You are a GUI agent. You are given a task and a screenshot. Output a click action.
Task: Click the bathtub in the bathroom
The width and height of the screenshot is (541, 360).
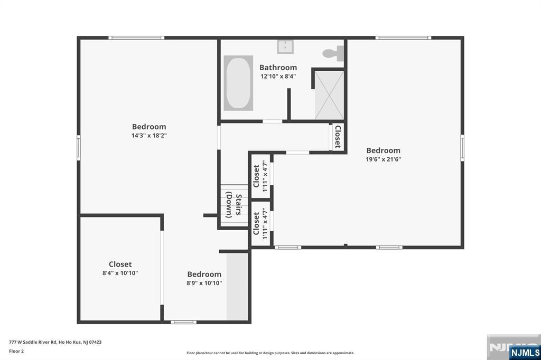click(238, 83)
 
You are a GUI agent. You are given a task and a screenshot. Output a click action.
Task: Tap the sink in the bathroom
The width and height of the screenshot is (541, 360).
click(285, 46)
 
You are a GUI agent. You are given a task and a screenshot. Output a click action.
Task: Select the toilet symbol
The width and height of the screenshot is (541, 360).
click(333, 53)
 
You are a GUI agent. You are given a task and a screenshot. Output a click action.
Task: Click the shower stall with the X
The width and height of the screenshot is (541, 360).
click(330, 95)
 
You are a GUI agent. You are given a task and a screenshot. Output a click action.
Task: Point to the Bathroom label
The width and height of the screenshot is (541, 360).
click(278, 67)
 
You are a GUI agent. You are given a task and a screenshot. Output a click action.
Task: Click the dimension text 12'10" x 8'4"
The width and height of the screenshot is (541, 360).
click(278, 76)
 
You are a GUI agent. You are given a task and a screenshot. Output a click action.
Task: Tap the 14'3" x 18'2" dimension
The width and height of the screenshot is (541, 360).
click(149, 136)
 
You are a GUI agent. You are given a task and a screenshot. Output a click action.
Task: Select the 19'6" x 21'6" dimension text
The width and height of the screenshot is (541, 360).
click(384, 159)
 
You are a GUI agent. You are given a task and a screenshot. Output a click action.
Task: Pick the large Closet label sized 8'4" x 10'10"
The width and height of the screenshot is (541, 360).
click(120, 264)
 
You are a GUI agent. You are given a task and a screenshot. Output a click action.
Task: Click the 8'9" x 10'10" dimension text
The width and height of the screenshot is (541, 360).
click(204, 283)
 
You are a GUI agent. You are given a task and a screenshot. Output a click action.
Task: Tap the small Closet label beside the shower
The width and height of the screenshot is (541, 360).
click(338, 137)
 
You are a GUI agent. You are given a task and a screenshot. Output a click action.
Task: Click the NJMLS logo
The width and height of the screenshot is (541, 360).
click(525, 352)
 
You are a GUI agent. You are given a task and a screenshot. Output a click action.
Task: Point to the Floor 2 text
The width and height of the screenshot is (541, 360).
click(16, 352)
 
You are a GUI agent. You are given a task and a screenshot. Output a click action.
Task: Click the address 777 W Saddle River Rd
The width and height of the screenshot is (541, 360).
click(33, 343)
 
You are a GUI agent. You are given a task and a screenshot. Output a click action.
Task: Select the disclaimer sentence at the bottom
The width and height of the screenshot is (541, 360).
click(270, 353)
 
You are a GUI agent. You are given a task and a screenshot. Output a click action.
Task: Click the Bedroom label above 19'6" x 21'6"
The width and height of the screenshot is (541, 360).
click(384, 150)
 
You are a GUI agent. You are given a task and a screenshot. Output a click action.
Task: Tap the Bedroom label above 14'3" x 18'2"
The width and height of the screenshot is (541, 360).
click(149, 127)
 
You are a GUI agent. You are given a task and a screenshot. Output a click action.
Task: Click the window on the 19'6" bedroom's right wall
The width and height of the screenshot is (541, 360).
click(462, 148)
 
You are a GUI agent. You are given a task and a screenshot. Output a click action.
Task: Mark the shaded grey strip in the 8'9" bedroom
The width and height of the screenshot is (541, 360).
click(237, 287)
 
